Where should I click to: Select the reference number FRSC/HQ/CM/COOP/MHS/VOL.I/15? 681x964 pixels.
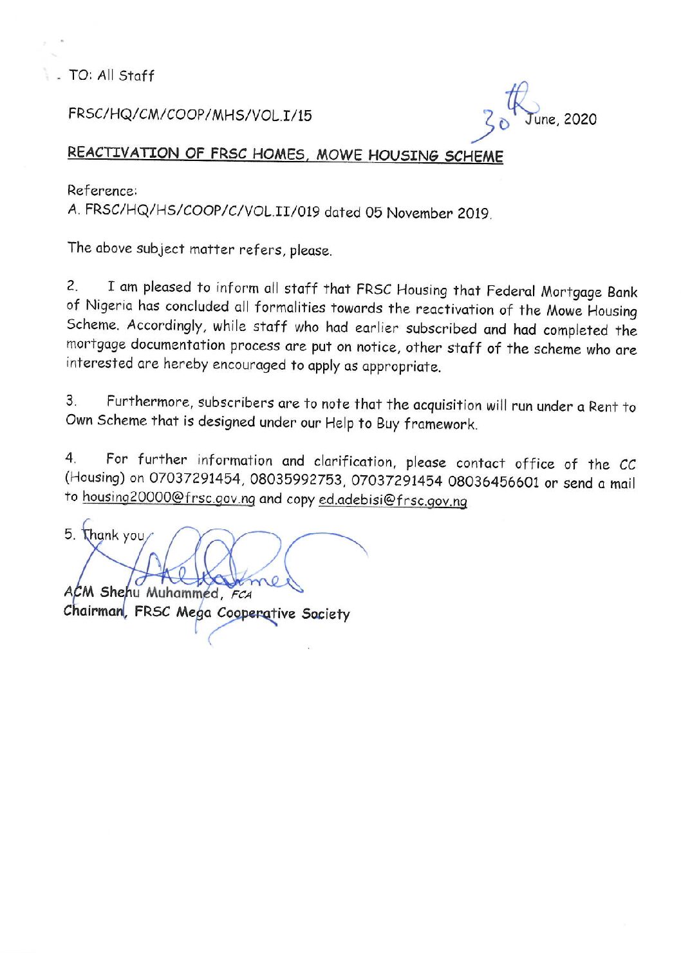tap(190, 115)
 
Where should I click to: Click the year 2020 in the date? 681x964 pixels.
tap(580, 120)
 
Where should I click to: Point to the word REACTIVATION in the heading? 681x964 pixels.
tap(124, 153)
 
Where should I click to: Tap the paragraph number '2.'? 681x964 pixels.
tap(72, 285)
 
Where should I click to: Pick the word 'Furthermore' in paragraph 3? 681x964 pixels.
tap(149, 402)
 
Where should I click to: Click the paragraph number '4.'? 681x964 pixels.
tap(71, 459)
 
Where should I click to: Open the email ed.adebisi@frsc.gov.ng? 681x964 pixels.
tap(393, 501)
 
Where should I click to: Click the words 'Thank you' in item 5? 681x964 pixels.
tap(113, 535)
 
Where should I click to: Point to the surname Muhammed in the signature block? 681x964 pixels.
tap(182, 592)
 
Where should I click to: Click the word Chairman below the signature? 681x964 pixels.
tap(93, 611)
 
